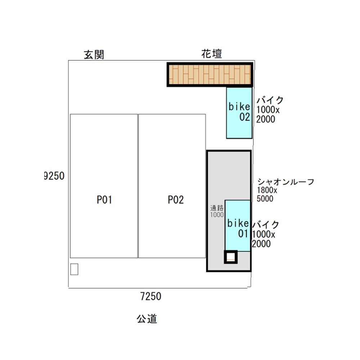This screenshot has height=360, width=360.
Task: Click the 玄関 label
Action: tap(94, 55)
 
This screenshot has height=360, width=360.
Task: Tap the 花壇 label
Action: tap(212, 54)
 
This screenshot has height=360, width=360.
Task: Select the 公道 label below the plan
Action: tap(147, 319)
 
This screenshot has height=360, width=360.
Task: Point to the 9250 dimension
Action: tap(54, 176)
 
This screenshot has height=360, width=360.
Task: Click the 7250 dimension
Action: tap(150, 296)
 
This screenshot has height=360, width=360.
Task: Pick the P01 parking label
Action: tap(104, 200)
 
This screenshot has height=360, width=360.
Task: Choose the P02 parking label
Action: tap(176, 200)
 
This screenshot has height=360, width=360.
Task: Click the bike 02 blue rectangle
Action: tap(239, 113)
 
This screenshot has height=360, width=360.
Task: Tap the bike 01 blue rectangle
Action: tap(238, 226)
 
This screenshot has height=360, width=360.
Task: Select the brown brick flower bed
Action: tap(210, 75)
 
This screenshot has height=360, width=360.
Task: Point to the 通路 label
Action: tap(217, 208)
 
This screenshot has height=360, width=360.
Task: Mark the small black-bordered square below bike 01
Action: tap(231, 257)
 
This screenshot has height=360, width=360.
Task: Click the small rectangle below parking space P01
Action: tap(74, 269)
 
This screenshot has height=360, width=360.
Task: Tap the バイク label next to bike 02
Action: tap(270, 100)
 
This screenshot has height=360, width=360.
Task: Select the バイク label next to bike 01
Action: tap(266, 225)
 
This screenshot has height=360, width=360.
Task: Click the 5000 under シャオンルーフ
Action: tap(265, 199)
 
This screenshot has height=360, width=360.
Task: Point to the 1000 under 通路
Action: tap(217, 215)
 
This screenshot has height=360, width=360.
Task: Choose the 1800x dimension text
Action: tap(267, 190)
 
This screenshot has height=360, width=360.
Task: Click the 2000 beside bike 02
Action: tap(266, 119)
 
